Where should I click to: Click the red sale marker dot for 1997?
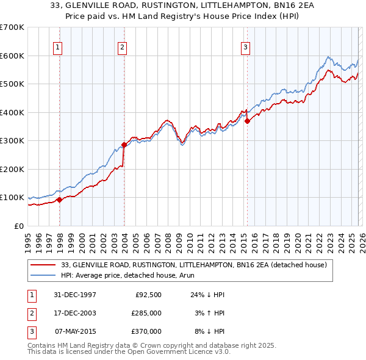tap(60, 200)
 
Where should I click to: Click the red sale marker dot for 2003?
tap(124, 145)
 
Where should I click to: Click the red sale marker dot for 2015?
tap(247, 121)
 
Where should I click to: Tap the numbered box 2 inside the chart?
tap(123, 47)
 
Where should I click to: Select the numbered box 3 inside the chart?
tap(245, 47)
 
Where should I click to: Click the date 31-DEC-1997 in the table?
tap(76, 295)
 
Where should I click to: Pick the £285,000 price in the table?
tap(146, 313)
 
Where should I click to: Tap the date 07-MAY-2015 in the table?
tap(76, 331)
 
